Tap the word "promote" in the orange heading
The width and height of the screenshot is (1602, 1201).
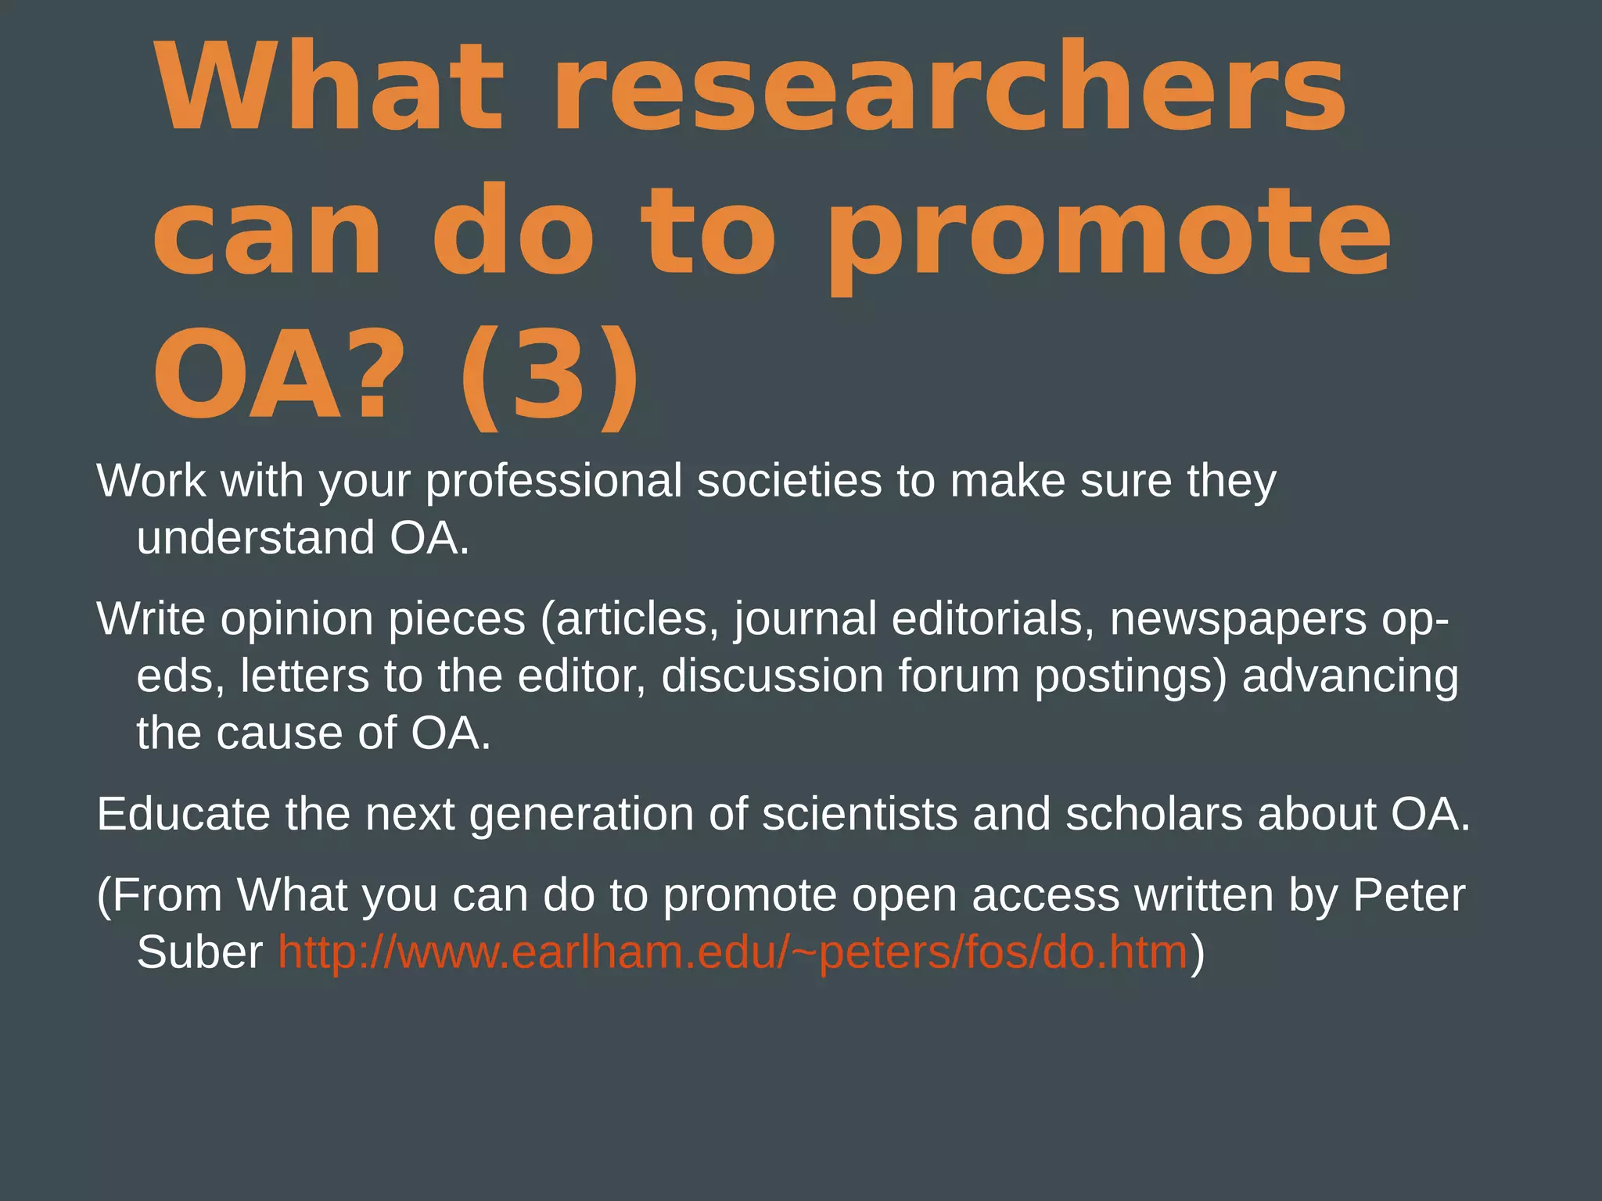[1108, 232]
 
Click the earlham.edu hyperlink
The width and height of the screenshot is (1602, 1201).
[733, 952]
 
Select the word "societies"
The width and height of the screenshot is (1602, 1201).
[789, 481]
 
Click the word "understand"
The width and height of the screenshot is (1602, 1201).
[256, 538]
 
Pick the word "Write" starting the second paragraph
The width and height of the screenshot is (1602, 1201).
[150, 618]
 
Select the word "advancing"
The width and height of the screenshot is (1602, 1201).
[1350, 677]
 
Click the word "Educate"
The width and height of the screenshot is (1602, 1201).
[183, 814]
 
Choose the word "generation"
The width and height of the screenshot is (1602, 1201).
[582, 816]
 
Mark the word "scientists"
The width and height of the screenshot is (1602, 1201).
[860, 814]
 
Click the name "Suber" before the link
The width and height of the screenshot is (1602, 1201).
[199, 952]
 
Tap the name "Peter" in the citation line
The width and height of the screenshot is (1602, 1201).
[1409, 895]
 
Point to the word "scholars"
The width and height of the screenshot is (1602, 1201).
[1154, 814]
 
